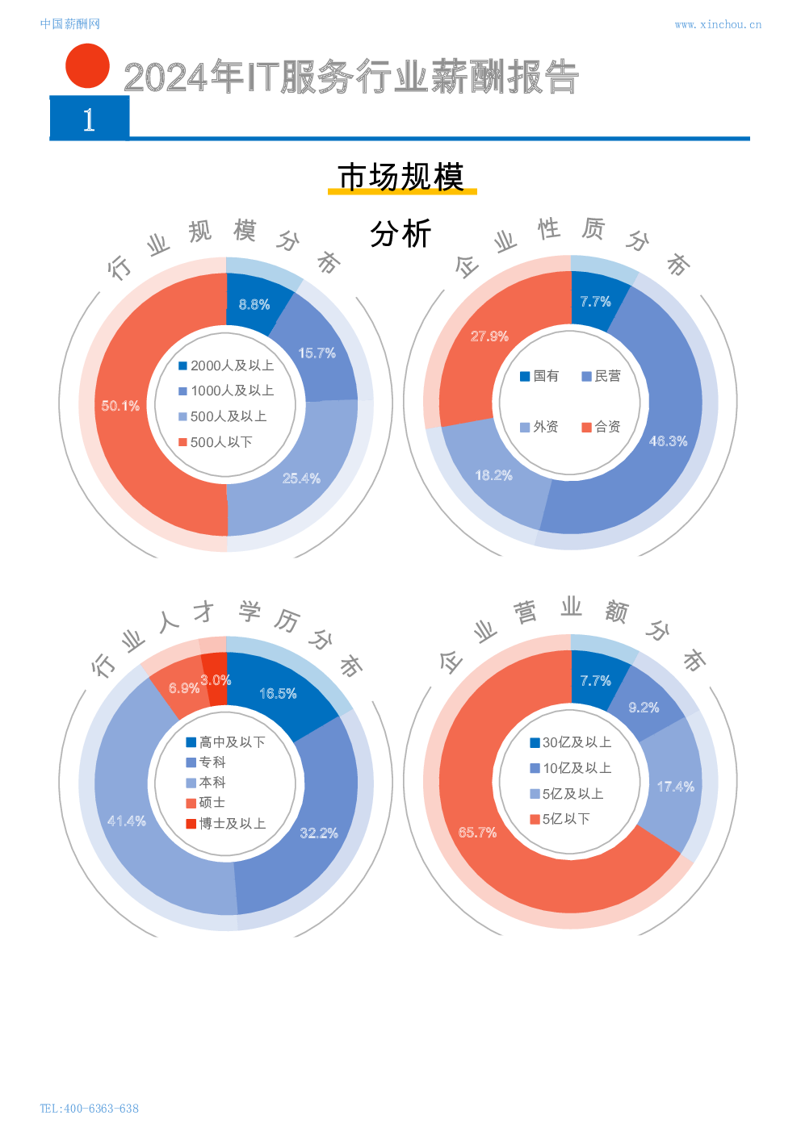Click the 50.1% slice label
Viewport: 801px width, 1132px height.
click(120, 406)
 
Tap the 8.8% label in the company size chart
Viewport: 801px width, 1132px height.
click(254, 304)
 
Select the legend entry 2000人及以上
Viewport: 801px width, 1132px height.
click(226, 365)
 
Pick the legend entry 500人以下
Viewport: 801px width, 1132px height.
click(216, 442)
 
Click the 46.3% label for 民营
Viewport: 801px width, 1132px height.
click(669, 441)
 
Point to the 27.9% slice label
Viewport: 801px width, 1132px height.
click(489, 336)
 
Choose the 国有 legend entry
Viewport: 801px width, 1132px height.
click(539, 376)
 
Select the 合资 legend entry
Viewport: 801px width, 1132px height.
click(601, 427)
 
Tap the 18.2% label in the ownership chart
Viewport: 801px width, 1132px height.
click(493, 475)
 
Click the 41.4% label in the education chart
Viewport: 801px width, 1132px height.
click(127, 821)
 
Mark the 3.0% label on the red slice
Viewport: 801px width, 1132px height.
click(216, 680)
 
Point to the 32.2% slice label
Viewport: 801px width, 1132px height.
click(319, 833)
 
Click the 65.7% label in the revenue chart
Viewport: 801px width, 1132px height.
click(477, 832)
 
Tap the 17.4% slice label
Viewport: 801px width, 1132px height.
click(676, 787)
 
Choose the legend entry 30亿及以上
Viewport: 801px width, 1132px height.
click(570, 742)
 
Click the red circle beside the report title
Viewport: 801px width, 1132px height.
click(87, 66)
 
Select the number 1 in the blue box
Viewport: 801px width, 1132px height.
click(89, 119)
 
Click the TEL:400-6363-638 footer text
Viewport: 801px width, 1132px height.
click(89, 1109)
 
